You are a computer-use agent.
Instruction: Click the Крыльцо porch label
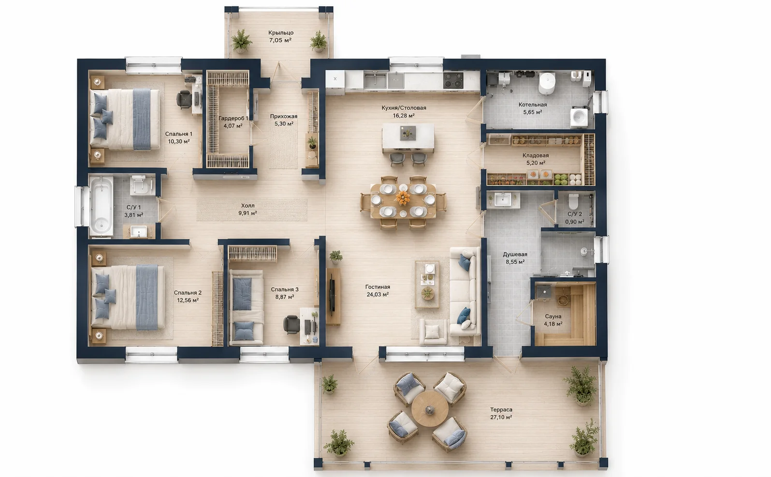pos(281,33)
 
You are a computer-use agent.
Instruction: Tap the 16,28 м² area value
pos(404,115)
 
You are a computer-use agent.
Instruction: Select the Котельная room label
pos(533,104)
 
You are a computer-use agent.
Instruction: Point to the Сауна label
pos(553,316)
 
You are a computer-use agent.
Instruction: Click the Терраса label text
pos(501,409)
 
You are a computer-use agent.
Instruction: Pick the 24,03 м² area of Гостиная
pos(378,295)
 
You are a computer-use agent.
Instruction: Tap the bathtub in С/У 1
pos(101,206)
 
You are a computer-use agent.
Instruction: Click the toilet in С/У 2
pos(573,201)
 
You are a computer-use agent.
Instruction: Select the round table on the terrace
pos(430,409)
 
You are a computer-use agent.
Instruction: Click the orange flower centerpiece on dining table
pos(403,198)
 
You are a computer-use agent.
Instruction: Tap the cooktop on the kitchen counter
pos(453,81)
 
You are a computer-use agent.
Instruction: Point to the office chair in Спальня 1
pos(184,99)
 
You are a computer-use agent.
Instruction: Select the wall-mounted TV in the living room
pos(332,296)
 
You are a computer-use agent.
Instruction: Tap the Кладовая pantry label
pos(535,155)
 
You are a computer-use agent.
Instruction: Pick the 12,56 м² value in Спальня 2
pos(188,300)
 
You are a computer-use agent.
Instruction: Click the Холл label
pos(248,206)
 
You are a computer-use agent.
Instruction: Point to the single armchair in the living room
pos(433,332)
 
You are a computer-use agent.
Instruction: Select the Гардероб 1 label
pos(233,119)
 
